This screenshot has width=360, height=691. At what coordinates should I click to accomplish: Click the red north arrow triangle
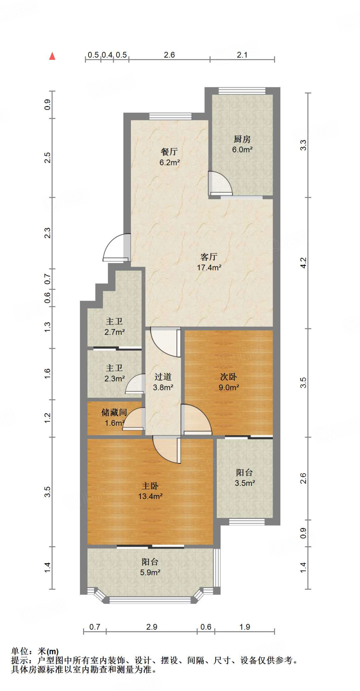(x=52, y=56)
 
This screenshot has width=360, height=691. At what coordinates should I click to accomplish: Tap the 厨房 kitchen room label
(x=242, y=139)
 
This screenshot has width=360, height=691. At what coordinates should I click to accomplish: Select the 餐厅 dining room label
(x=169, y=152)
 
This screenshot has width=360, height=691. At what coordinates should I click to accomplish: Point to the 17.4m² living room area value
(x=209, y=268)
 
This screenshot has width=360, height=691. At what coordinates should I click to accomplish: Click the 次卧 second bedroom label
(x=228, y=377)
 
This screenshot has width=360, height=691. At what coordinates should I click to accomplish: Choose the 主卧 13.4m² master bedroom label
(x=150, y=491)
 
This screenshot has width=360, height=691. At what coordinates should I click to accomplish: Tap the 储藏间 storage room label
(x=114, y=412)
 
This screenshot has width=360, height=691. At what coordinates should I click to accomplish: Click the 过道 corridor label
(x=163, y=377)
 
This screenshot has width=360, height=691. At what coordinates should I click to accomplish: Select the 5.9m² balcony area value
(x=150, y=573)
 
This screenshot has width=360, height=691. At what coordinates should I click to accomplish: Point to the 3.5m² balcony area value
(x=245, y=483)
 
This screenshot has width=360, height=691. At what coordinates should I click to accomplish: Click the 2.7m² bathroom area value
(x=115, y=332)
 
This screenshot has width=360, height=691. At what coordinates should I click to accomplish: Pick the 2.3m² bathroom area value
(x=115, y=379)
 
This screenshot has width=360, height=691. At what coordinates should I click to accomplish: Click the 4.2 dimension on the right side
(x=303, y=263)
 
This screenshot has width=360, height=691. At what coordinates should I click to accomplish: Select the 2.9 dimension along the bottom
(x=152, y=627)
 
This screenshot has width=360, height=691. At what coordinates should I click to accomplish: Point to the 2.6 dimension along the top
(x=169, y=55)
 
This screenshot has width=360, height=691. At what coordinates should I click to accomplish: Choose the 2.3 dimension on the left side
(x=48, y=233)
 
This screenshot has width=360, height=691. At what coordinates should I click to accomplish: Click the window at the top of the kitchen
(x=242, y=91)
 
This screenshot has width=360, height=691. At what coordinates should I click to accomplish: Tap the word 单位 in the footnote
(x=20, y=651)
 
